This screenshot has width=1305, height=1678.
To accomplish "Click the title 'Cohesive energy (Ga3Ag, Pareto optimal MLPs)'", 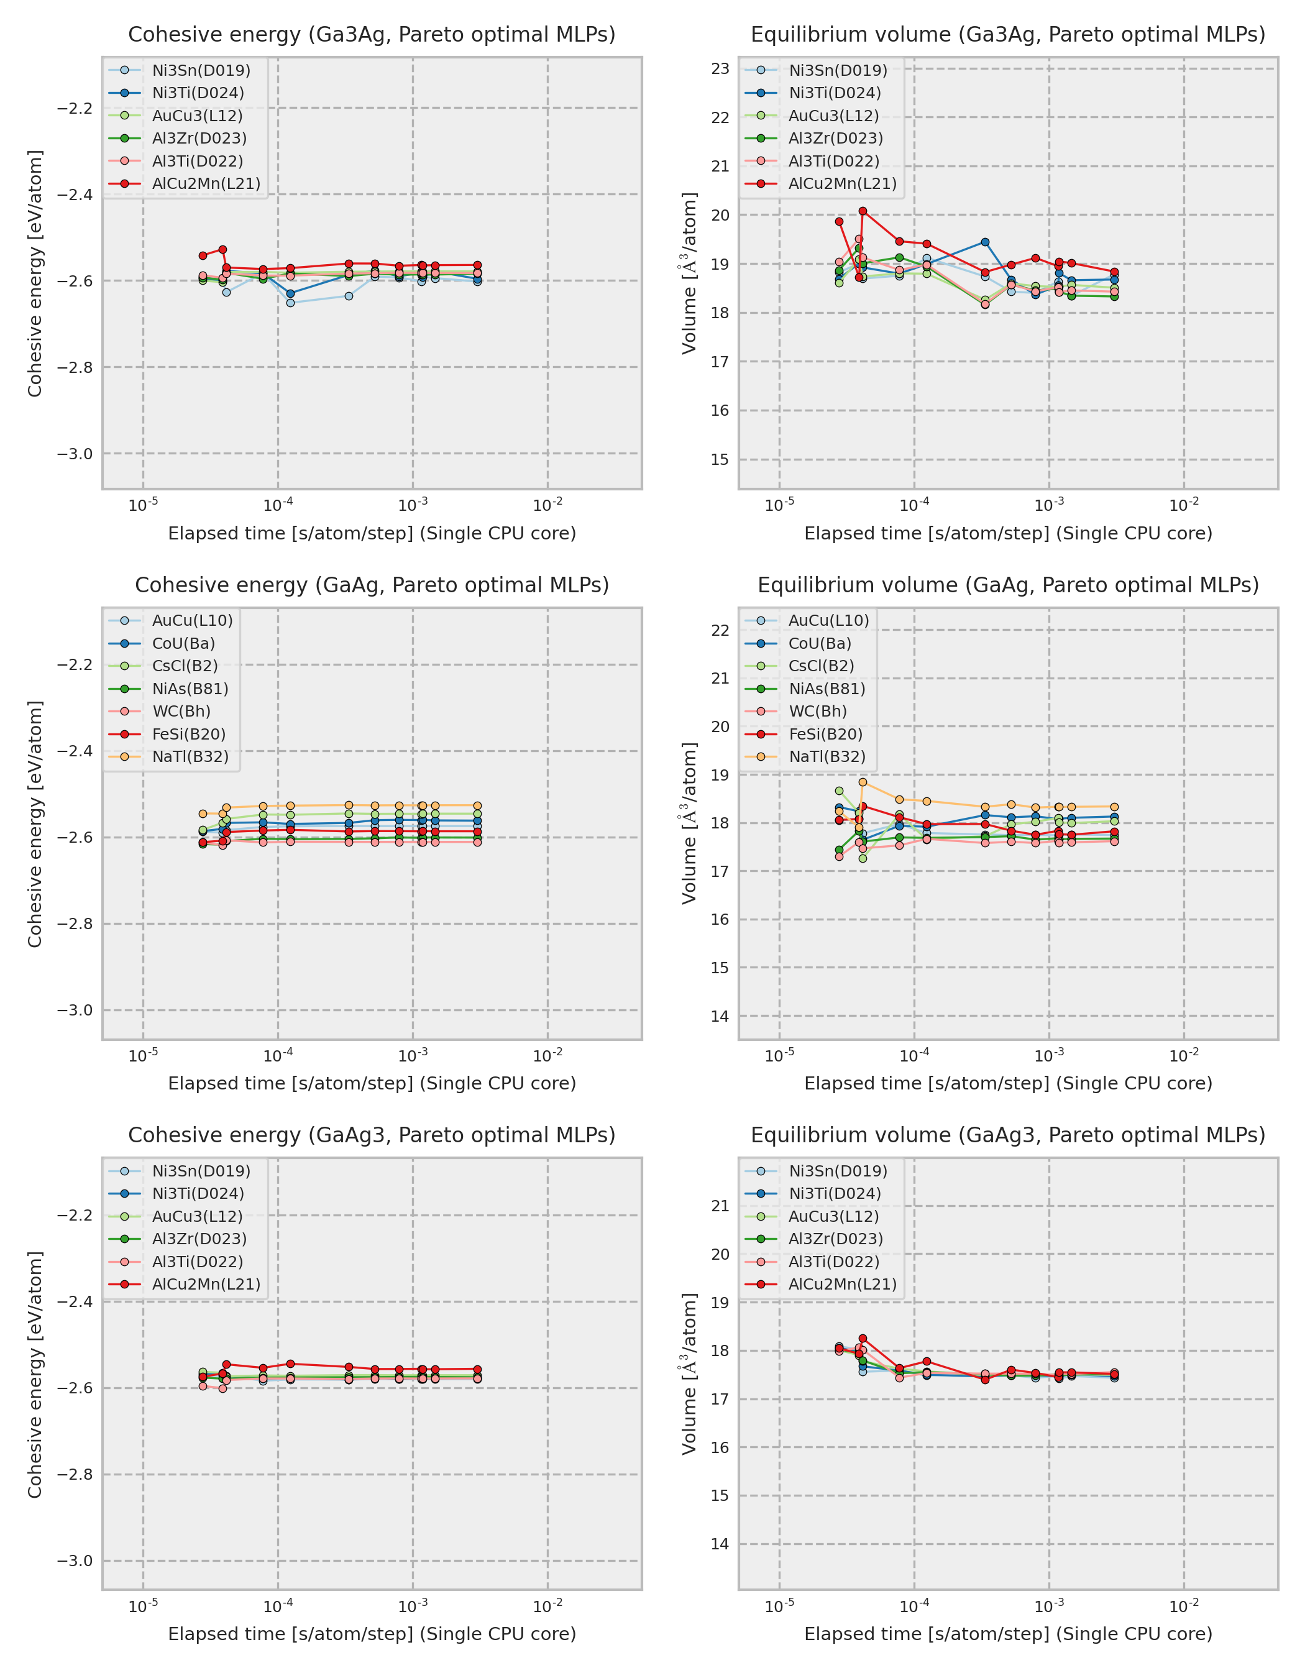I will [x=372, y=35].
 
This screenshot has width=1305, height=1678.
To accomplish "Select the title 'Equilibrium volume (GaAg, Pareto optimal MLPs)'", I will [x=1008, y=585].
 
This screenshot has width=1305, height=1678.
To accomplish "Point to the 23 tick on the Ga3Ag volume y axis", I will [x=720, y=69].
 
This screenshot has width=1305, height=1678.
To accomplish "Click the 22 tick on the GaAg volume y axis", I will [x=720, y=631].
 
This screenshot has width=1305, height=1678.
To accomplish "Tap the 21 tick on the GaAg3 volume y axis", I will [x=720, y=1206].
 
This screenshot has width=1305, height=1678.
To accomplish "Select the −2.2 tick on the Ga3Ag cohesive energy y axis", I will [x=75, y=108].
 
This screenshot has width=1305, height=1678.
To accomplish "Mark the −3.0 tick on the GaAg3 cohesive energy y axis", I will [x=75, y=1561].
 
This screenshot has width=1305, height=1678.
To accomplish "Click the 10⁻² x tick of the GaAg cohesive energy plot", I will [x=547, y=1057].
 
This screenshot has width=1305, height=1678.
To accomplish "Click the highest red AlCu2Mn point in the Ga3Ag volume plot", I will [x=863, y=211].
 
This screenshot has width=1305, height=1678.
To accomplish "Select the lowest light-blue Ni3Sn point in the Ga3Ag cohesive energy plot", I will [x=290, y=303].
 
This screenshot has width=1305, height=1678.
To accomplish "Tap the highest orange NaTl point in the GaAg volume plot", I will [x=863, y=782].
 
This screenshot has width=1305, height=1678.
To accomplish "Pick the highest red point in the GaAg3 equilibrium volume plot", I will [x=863, y=1339].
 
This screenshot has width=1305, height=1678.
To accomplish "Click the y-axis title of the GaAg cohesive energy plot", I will [x=35, y=823].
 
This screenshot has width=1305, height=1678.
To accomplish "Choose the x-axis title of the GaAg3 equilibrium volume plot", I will [x=1008, y=1634].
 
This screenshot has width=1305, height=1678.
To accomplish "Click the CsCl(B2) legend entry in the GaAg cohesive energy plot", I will [x=185, y=666].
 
